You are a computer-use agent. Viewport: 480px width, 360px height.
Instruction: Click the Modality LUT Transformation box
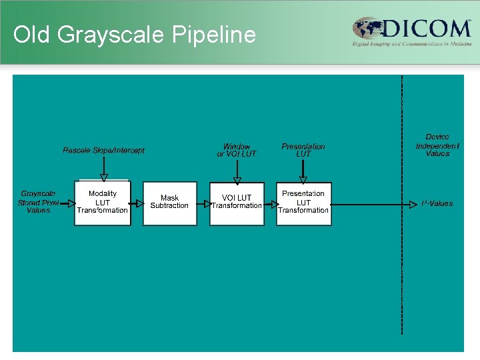click(x=102, y=203)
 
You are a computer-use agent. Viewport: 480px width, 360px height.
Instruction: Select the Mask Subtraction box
click(x=169, y=203)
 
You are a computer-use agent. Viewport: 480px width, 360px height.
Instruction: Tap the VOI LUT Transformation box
click(x=237, y=203)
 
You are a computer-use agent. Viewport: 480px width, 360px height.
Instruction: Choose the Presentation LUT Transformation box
click(x=303, y=203)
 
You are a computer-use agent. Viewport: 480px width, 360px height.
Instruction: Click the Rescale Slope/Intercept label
click(x=103, y=151)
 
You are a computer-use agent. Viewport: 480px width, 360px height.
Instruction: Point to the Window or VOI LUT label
click(x=237, y=150)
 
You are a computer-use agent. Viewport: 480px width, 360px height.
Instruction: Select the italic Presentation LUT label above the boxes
click(x=303, y=150)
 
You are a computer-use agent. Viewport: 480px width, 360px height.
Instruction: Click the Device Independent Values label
click(x=437, y=145)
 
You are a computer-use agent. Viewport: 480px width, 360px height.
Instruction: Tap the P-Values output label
click(x=437, y=203)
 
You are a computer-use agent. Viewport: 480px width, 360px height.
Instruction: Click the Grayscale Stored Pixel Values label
click(x=38, y=202)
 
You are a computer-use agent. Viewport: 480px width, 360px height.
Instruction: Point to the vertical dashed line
click(x=402, y=267)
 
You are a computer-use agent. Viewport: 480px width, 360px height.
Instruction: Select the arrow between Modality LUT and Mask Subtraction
click(x=137, y=203)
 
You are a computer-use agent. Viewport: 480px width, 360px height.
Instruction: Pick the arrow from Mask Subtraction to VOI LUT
click(x=203, y=203)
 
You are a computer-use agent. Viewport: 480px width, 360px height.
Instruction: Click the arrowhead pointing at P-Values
click(x=413, y=204)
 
